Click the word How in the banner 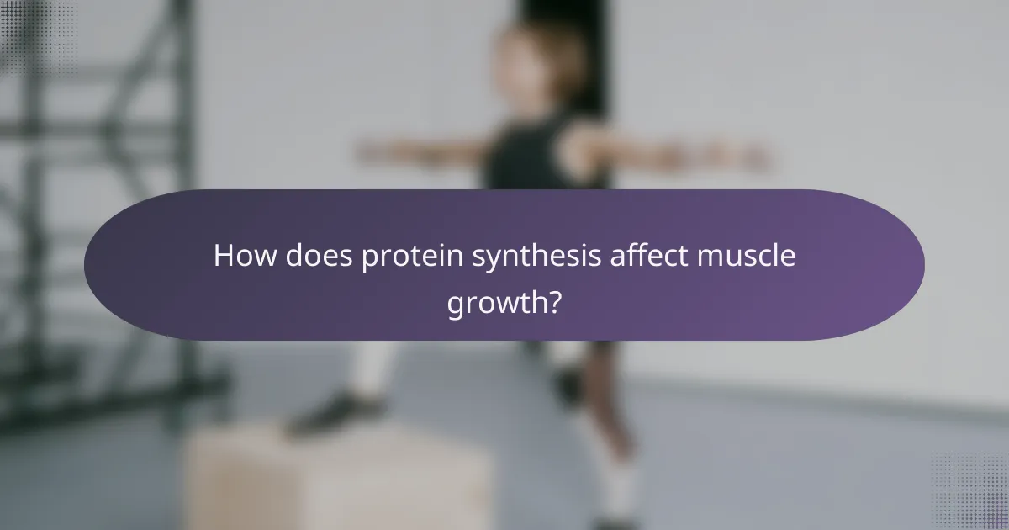click(240, 256)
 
